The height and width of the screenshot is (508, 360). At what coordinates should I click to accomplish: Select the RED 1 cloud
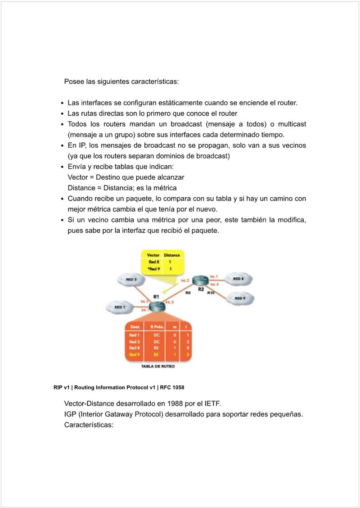coord(119,307)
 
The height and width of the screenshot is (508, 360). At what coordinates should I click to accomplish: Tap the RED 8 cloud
coord(238,279)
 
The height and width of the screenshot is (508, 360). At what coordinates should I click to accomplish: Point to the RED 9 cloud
coord(240,298)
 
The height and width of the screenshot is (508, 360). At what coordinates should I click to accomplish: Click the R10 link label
coord(211,293)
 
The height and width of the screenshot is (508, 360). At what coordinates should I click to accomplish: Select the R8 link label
coord(189,293)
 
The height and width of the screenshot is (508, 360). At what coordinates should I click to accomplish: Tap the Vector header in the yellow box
coord(153,255)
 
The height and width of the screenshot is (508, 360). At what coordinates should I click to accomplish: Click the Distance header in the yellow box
coord(171,255)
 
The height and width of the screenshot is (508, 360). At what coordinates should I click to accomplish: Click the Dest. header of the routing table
coord(135,327)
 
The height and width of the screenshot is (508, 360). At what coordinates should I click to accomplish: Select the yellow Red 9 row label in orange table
coord(134,354)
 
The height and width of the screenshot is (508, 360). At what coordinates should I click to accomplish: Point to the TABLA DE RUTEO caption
coord(158,367)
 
